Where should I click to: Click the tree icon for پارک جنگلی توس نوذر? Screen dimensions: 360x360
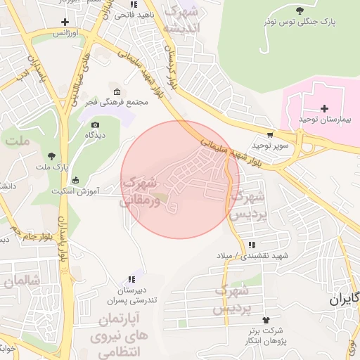(300, 10)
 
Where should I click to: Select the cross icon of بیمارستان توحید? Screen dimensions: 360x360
(324, 108)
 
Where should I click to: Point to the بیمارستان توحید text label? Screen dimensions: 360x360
(324, 120)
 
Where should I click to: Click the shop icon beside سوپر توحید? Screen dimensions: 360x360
(270, 134)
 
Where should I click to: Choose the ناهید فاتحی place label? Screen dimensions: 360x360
(131, 14)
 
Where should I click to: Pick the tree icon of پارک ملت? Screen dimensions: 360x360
(51, 155)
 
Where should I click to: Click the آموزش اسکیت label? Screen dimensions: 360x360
(76, 191)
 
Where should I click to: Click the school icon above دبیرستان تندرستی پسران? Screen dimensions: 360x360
(131, 279)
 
